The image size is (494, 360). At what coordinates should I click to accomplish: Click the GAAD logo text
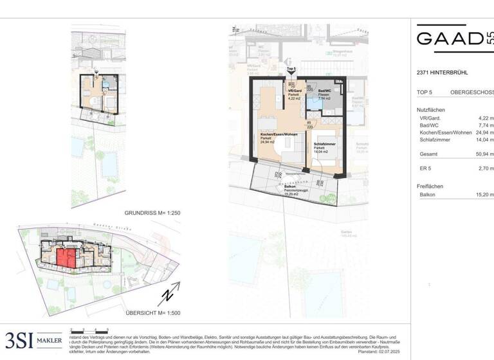tap(450, 38)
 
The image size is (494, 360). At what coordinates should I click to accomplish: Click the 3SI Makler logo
tap(33, 339)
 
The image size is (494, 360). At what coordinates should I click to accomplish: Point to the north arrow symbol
tap(167, 296)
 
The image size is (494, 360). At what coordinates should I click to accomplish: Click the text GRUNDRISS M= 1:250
tap(152, 213)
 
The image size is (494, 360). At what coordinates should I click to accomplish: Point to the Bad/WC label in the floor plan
tap(324, 91)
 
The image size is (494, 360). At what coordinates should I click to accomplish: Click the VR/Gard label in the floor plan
tap(295, 91)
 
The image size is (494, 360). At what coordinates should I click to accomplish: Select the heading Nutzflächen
tap(431, 110)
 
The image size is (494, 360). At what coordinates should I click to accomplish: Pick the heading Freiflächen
tap(430, 185)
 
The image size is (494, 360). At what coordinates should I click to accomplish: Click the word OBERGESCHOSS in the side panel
tap(472, 93)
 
